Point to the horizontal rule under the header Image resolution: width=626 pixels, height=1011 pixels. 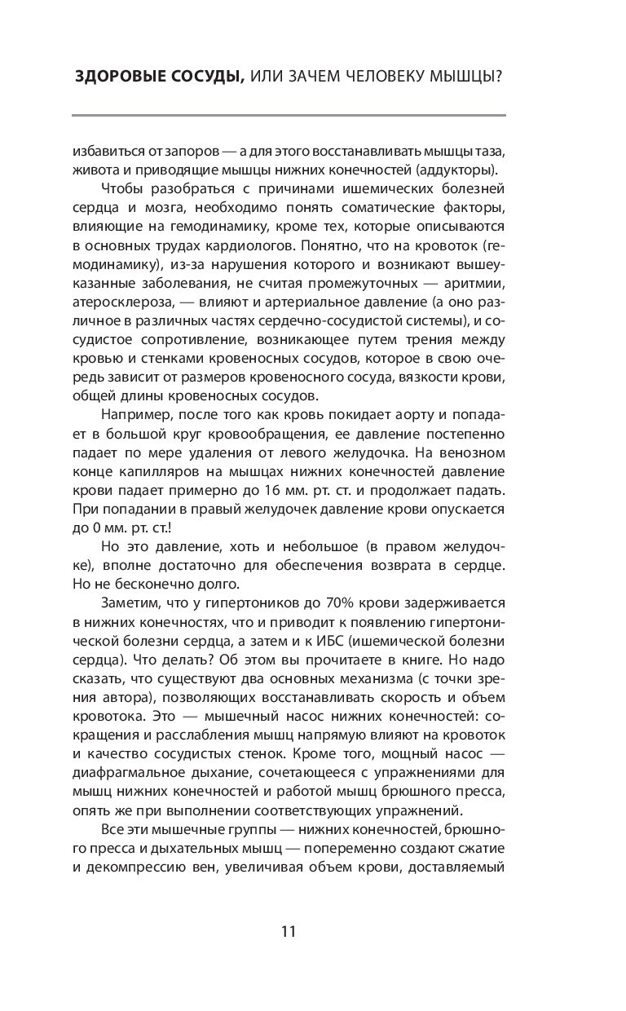click(x=289, y=115)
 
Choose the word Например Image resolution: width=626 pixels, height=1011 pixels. click(x=134, y=415)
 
